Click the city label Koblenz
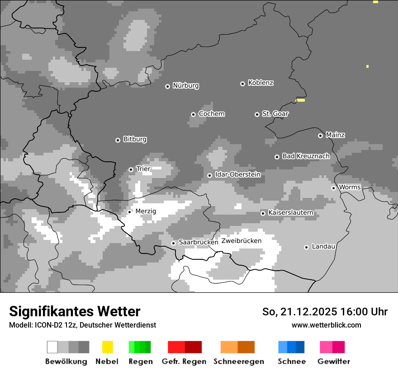click(x=261, y=83)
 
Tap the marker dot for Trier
click(x=131, y=169)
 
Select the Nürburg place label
click(x=185, y=86)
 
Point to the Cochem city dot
click(x=193, y=114)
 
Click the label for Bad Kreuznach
click(x=306, y=156)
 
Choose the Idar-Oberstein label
click(x=237, y=175)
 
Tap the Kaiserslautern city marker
click(x=263, y=213)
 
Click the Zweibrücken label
click(x=241, y=241)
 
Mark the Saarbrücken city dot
click(x=173, y=243)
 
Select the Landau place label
click(x=323, y=247)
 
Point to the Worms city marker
click(x=333, y=188)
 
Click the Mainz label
click(x=335, y=135)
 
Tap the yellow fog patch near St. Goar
click(x=300, y=100)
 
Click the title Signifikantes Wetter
click(x=75, y=311)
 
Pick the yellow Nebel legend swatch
click(x=107, y=347)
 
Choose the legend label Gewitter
click(x=333, y=361)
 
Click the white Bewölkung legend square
click(x=52, y=347)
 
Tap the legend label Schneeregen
click(x=238, y=361)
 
